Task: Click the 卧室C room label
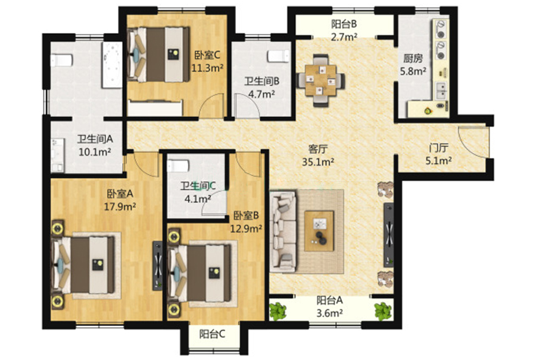pyautogui.click(x=207, y=55)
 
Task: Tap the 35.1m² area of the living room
pyautogui.click(x=318, y=162)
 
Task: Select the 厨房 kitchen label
pyautogui.click(x=413, y=58)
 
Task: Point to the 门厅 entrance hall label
pyautogui.click(x=438, y=148)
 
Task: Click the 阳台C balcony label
pyautogui.click(x=212, y=334)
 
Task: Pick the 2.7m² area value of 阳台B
pyautogui.click(x=344, y=36)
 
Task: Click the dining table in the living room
pyautogui.click(x=320, y=80)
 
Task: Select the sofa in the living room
pyautogui.click(x=283, y=231)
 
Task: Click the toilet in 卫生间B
pyautogui.click(x=278, y=56)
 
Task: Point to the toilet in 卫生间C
pyautogui.click(x=178, y=166)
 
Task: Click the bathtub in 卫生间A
pyautogui.click(x=112, y=65)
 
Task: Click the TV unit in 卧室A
pyautogui.click(x=157, y=266)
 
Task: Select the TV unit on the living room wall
pyautogui.click(x=388, y=235)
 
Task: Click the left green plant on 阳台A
pyautogui.click(x=278, y=311)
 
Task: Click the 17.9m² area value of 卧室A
pyautogui.click(x=120, y=207)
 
